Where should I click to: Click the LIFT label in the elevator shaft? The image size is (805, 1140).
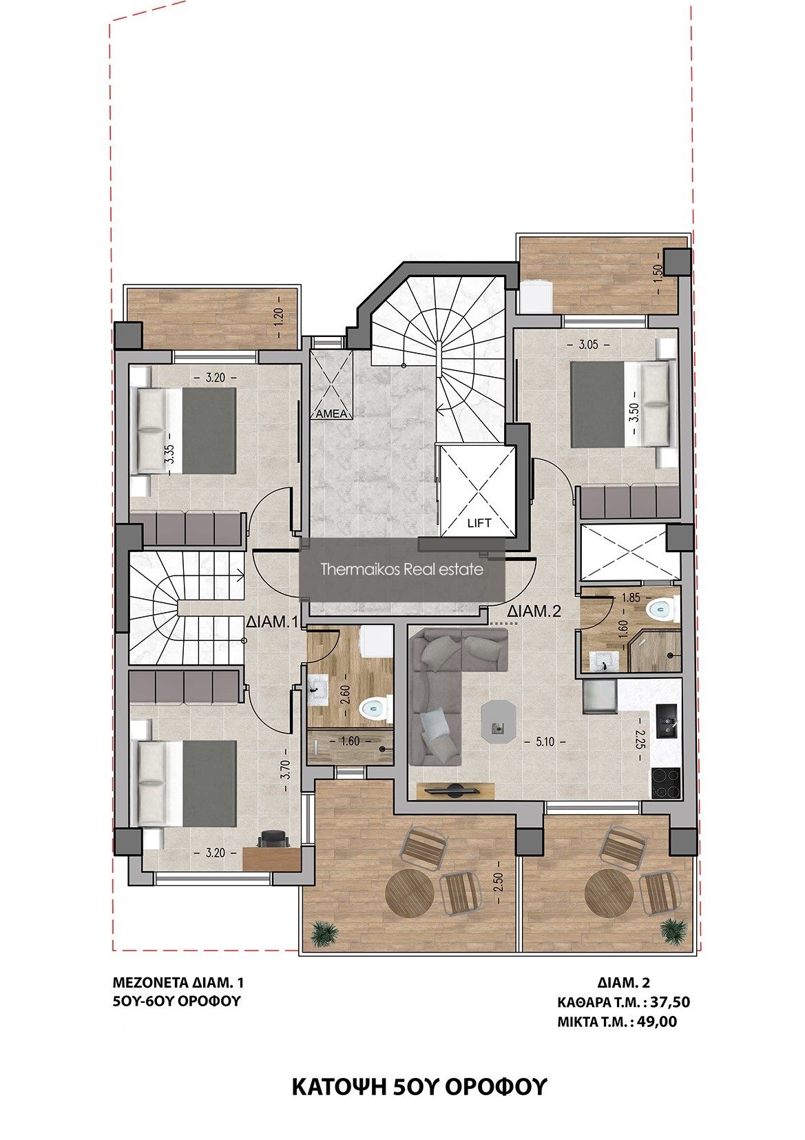click(479, 522)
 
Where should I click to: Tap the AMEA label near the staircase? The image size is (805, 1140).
click(331, 414)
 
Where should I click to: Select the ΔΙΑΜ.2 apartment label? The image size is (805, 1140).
click(534, 611)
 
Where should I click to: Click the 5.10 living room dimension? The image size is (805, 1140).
click(545, 742)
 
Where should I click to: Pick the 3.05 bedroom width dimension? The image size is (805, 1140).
click(588, 345)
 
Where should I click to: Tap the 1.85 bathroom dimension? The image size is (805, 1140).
click(631, 598)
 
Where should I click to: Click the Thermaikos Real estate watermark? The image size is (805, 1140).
click(401, 569)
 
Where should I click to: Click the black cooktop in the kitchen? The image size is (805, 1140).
click(666, 783)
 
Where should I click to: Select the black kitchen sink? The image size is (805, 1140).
click(667, 721)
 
